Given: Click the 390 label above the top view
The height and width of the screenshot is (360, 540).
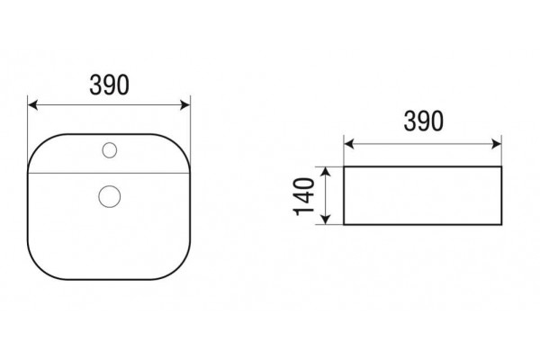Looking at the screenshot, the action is point(110,85).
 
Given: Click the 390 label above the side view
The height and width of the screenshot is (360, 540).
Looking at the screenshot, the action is point(424,121).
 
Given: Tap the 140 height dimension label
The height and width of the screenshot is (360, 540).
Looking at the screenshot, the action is point(304,196).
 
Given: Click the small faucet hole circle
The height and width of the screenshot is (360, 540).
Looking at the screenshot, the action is point(110,150).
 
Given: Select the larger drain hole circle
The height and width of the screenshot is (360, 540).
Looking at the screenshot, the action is point(110,196).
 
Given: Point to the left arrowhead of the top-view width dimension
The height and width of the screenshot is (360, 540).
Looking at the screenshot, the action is point(32,104).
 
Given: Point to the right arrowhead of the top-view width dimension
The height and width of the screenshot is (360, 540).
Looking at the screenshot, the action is point(185,104).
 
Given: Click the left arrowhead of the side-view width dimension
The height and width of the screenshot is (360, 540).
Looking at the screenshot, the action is point(349,144).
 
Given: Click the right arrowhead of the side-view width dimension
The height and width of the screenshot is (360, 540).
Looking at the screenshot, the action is point(497,144).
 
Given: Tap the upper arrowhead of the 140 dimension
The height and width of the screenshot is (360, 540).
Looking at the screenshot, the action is point(326,171).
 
